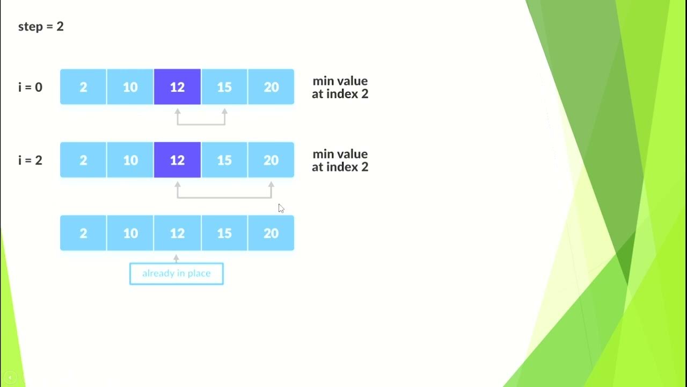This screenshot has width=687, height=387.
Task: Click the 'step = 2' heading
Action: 41,26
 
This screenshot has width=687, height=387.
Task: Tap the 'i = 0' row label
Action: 30,87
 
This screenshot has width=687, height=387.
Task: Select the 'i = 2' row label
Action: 30,160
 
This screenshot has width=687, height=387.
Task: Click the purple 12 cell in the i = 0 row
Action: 177,87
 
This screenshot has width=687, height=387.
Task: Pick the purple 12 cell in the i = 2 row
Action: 177,160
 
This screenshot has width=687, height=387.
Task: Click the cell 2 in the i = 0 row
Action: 83,87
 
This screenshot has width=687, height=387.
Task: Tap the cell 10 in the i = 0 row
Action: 130,87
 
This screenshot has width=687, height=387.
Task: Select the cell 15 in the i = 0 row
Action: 224,87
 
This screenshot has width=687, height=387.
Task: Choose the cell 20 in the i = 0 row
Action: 271,87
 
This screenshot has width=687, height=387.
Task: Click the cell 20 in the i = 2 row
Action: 271,160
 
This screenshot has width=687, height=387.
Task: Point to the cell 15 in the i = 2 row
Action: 224,160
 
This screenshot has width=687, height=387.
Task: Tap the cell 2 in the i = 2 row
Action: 83,160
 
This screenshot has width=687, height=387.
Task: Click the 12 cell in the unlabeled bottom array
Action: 177,233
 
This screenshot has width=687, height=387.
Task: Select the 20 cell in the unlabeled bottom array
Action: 271,233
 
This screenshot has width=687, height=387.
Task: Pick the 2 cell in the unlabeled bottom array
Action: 83,233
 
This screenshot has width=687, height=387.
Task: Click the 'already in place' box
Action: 176,274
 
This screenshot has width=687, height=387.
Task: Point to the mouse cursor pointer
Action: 281,209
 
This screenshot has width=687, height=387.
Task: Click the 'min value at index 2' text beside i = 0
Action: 340,87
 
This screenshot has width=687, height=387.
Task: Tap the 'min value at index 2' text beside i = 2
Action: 340,160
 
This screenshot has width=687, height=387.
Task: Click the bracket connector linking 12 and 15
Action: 201,124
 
